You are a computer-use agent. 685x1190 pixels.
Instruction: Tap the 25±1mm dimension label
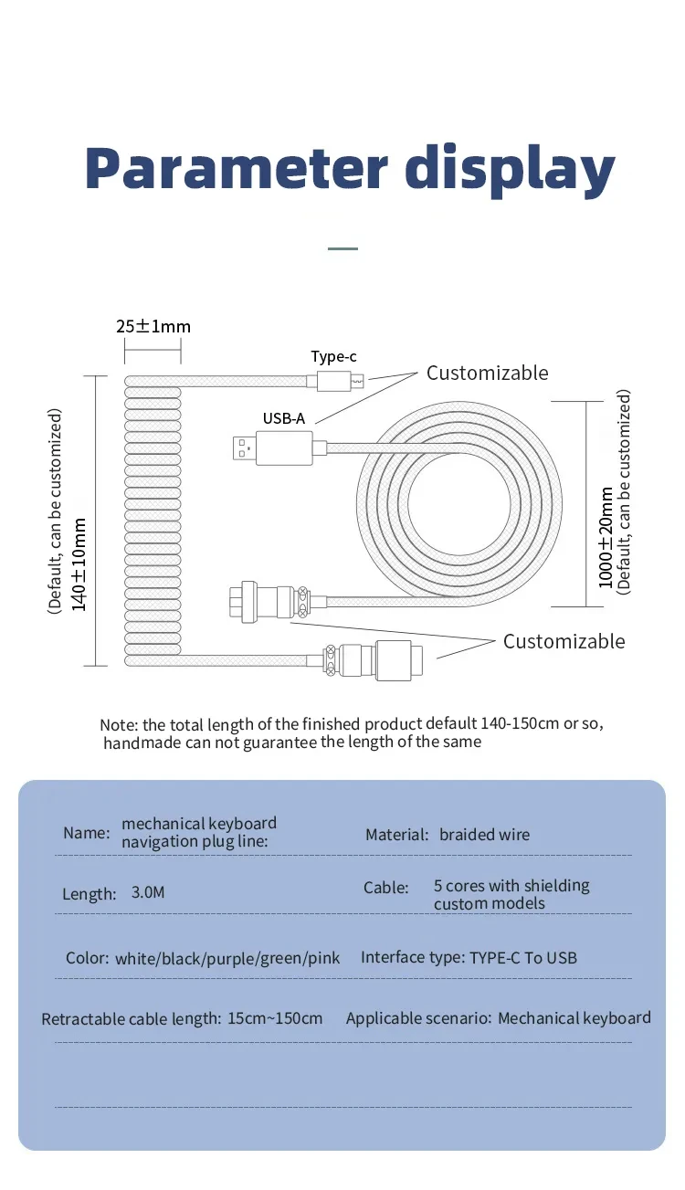(x=153, y=326)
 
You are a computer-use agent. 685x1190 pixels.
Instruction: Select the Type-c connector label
(x=333, y=356)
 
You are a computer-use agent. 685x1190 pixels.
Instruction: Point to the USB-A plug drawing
(x=274, y=447)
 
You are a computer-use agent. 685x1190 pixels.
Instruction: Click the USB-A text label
(x=284, y=418)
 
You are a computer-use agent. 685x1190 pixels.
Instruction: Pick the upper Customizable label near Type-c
(x=488, y=373)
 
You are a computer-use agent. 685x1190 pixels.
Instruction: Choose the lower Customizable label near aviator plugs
(x=564, y=641)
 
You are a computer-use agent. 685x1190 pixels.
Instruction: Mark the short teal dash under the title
(x=342, y=247)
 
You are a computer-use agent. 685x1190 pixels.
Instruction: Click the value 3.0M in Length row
(x=148, y=892)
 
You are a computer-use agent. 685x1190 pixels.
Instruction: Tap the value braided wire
(x=484, y=835)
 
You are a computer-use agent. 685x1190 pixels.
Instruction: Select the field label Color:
(x=87, y=958)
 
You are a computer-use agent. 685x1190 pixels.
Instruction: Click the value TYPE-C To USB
(x=523, y=958)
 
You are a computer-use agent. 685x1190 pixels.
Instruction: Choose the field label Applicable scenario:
(x=418, y=1018)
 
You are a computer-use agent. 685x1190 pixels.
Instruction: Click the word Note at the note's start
(x=118, y=724)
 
